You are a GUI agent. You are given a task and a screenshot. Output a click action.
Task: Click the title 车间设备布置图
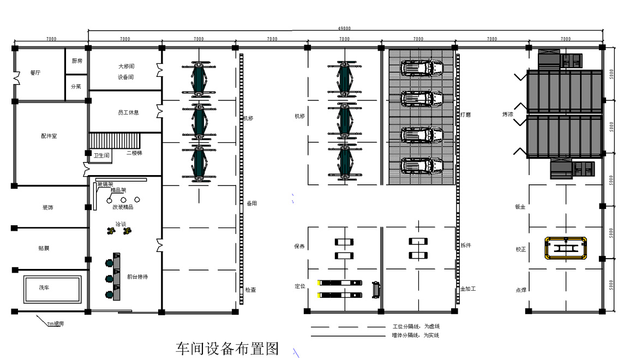click(x=227, y=349)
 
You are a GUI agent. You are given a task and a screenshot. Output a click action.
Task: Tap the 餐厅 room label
click(x=35, y=72)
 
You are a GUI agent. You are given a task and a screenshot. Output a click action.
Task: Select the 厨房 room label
click(x=77, y=61)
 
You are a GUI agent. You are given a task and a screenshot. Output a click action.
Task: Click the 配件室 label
click(x=49, y=136)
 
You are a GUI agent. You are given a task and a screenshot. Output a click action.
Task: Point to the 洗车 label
click(x=44, y=287)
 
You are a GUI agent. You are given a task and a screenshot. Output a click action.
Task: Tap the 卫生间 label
click(x=101, y=156)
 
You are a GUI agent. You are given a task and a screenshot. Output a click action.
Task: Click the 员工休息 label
click(x=128, y=112)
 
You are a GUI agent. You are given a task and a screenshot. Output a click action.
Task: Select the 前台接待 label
click(x=137, y=277)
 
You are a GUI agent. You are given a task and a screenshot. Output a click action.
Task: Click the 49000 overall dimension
click(x=344, y=28)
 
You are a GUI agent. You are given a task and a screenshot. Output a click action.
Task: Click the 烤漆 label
click(x=507, y=115)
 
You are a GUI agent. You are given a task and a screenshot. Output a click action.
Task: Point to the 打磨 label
click(x=465, y=115)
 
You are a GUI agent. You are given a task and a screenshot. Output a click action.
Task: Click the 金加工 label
click(x=468, y=289)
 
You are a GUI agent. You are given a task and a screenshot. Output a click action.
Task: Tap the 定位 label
click(x=299, y=286)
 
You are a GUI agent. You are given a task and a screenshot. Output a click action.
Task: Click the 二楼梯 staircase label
click(x=134, y=153)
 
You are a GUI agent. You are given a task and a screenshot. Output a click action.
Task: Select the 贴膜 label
click(x=44, y=248)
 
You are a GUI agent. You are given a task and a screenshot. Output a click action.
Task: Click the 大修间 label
click(x=126, y=67)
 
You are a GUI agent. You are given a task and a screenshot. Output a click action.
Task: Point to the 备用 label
click(x=251, y=203)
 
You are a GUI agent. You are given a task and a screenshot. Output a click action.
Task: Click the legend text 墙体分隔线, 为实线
click(x=415, y=335)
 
